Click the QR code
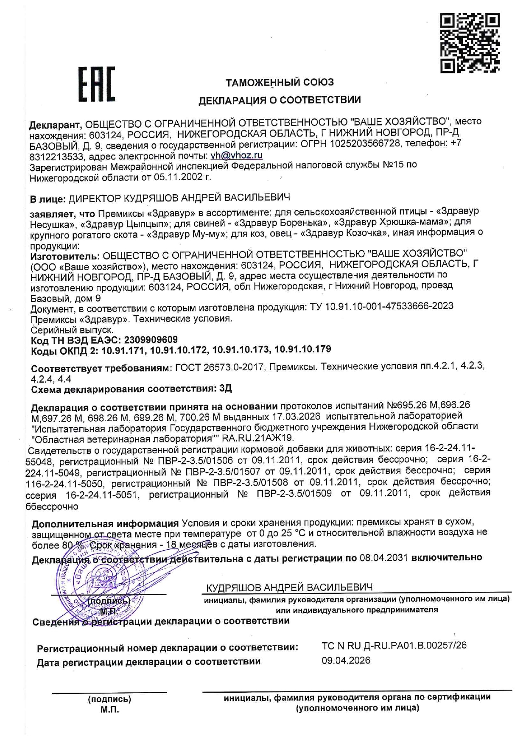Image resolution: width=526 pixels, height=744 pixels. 470,43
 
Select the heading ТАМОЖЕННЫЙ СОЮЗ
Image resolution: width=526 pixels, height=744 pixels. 280,82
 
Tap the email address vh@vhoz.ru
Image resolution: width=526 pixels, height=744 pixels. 236,155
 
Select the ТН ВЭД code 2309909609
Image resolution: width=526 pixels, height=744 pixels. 151,340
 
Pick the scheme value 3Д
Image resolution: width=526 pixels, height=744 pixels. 226,389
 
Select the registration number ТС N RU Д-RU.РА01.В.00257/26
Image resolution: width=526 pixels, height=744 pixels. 394,645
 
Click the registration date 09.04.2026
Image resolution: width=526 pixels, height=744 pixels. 346,660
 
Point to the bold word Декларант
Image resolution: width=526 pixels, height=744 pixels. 55,125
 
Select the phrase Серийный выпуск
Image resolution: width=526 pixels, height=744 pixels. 73,330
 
